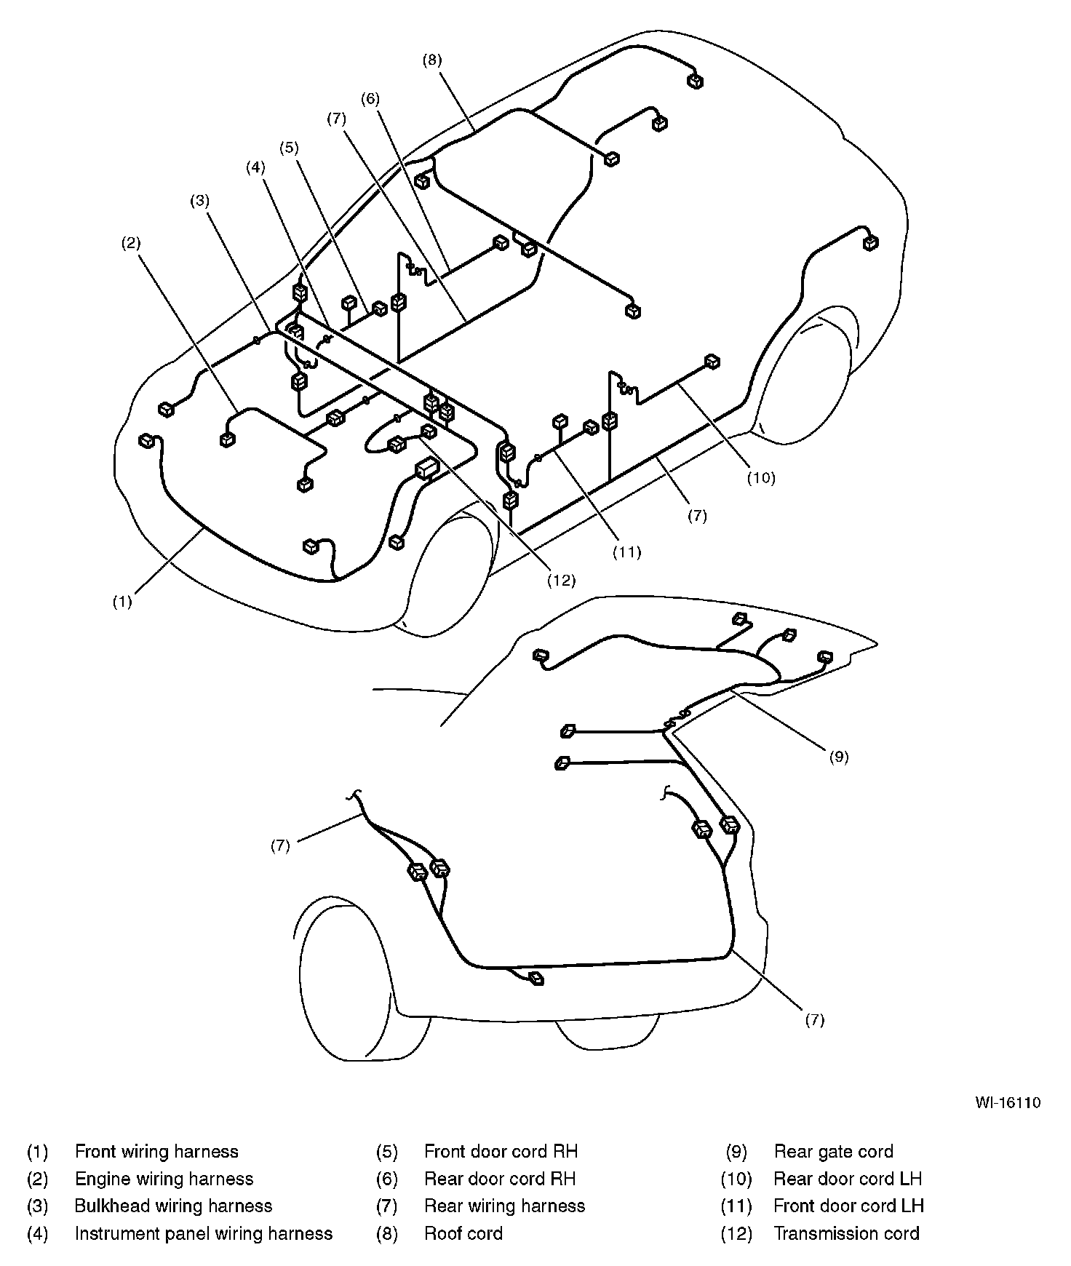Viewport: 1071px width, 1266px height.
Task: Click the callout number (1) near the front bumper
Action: tap(122, 602)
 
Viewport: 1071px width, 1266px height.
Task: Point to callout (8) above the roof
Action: tap(432, 60)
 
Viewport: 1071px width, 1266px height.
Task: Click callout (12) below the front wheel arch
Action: tap(562, 580)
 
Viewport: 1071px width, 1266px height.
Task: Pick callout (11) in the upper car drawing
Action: tap(626, 552)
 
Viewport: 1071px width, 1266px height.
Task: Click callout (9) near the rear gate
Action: tap(839, 756)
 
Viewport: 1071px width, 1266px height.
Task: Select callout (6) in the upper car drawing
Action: tap(370, 98)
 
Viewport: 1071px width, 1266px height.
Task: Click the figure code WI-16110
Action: tap(1008, 1102)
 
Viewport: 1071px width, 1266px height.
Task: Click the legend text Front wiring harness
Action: tap(156, 1152)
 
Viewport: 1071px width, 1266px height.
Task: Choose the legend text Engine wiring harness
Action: tap(164, 1179)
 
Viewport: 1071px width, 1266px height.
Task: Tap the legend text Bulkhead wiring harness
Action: tap(173, 1206)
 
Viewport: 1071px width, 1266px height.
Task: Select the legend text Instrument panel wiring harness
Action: tap(204, 1233)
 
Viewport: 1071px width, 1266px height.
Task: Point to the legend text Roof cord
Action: tap(463, 1233)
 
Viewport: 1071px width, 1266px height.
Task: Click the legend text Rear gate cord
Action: tap(834, 1152)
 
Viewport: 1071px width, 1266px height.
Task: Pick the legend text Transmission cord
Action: tap(847, 1233)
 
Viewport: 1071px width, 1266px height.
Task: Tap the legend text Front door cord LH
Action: tap(849, 1206)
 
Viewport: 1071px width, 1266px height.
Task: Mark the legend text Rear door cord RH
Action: tap(500, 1179)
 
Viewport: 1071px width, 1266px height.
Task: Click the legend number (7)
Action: tap(387, 1206)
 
